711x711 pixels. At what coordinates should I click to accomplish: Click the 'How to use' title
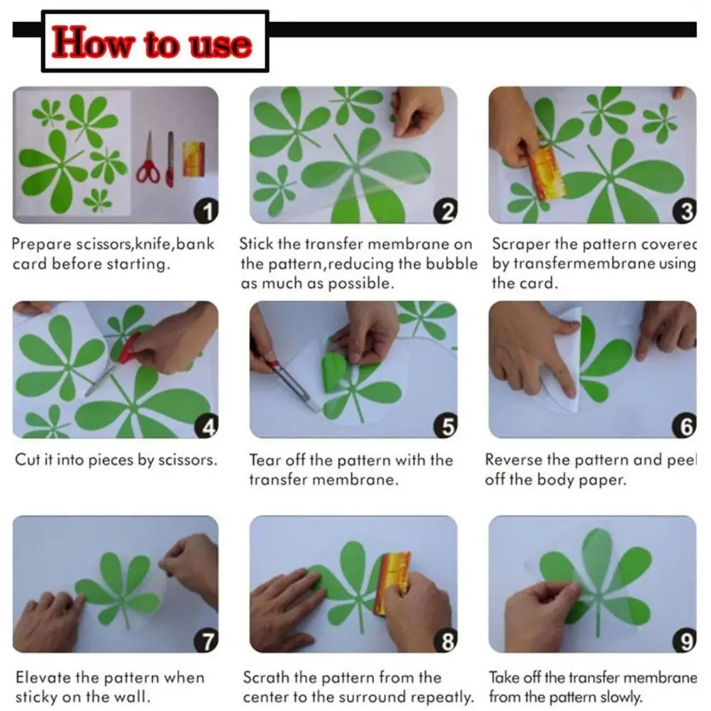tap(151, 42)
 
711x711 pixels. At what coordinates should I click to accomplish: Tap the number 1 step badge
tap(206, 211)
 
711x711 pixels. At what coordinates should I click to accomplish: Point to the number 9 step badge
tap(685, 641)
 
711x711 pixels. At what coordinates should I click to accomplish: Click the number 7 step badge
tap(206, 641)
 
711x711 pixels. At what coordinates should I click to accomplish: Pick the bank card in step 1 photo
tap(193, 159)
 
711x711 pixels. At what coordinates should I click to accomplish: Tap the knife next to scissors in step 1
tap(170, 159)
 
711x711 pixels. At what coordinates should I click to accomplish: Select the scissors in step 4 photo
tap(113, 365)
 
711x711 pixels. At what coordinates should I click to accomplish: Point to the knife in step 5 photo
tap(290, 383)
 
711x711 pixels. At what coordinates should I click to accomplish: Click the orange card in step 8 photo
tap(391, 584)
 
